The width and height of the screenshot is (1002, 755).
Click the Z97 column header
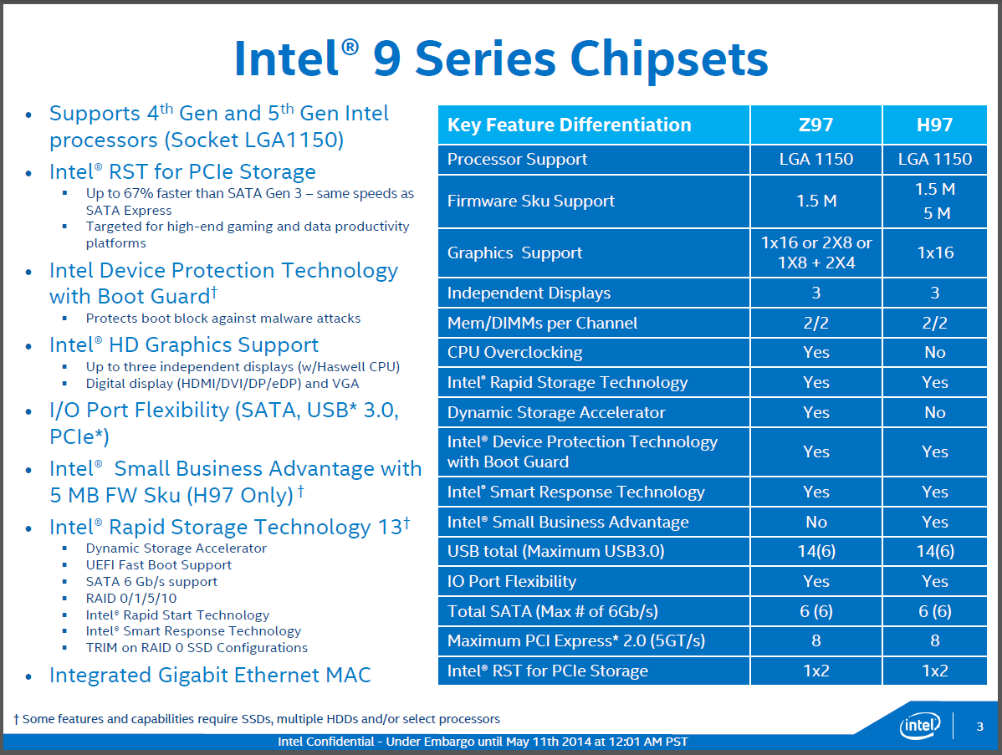point(815,125)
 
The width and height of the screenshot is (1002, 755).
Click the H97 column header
point(934,125)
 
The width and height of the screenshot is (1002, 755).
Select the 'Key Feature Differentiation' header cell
point(569,125)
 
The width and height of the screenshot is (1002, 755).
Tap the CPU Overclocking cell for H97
point(934,352)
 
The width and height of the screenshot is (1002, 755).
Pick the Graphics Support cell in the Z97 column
point(815,253)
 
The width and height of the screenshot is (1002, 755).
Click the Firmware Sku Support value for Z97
point(815,201)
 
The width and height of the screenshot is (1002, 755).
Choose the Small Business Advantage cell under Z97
point(815,522)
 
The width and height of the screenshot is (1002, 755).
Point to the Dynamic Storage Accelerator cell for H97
point(934,412)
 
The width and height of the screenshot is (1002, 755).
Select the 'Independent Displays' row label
point(529,293)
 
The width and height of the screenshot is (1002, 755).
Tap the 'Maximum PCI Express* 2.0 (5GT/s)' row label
point(576,641)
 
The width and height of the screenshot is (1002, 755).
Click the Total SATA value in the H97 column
point(934,611)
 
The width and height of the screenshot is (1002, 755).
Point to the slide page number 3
point(979,726)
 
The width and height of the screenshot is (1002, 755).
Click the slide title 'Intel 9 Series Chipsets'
point(501,59)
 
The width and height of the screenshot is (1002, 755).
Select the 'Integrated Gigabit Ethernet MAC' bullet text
point(210,675)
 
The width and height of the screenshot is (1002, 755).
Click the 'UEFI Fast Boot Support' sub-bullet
point(158,564)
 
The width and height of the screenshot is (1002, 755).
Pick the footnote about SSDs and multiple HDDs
point(257,719)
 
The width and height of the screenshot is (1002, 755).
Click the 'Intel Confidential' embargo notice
point(483,742)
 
